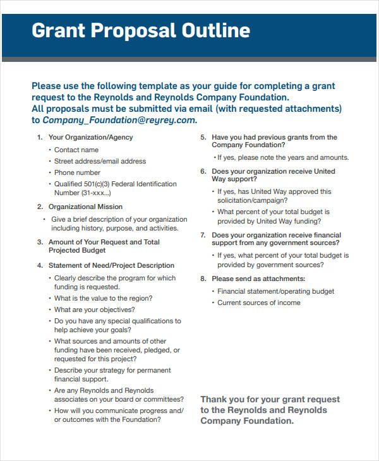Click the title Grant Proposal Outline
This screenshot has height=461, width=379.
tap(141, 30)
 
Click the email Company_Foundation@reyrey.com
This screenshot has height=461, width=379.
tap(119, 120)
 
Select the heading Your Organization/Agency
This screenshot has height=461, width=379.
tap(90, 137)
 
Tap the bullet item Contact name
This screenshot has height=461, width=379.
tap(76, 150)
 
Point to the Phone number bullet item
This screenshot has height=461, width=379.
tap(77, 172)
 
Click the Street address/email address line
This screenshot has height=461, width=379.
tap(100, 161)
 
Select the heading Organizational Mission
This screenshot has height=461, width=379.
tap(85, 207)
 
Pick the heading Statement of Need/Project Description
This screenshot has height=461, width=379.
tap(111, 265)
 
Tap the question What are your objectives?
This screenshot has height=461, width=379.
tap(94, 309)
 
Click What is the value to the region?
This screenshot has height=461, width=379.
tap(103, 298)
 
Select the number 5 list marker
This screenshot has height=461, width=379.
tap(203, 137)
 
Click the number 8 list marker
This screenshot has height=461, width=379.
tap(203, 278)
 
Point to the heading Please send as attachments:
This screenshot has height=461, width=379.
tap(258, 278)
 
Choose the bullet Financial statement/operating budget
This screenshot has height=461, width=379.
tap(276, 291)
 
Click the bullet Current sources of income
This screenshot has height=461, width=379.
tap(259, 302)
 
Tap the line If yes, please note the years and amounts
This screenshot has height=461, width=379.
tap(283, 157)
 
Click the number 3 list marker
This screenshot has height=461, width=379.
tap(40, 242)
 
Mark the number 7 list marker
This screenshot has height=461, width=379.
tap(203, 235)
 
